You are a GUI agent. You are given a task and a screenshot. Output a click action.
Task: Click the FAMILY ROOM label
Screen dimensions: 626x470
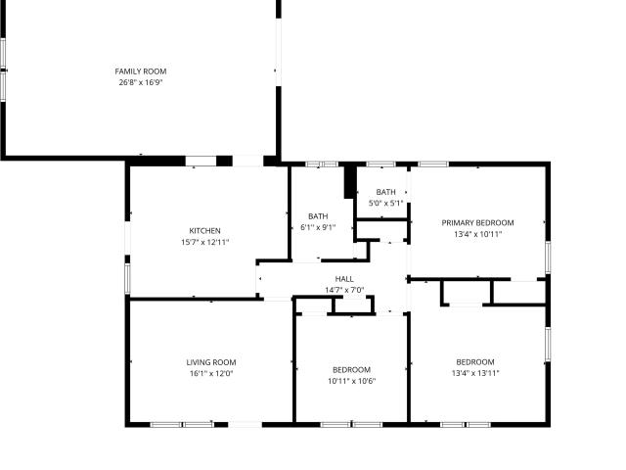click(x=141, y=71)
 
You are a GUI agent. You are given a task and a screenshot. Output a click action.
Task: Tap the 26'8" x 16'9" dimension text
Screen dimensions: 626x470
click(x=141, y=82)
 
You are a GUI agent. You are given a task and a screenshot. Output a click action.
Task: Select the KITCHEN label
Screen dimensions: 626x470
click(x=204, y=231)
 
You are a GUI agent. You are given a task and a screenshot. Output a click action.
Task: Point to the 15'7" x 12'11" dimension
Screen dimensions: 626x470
click(x=204, y=242)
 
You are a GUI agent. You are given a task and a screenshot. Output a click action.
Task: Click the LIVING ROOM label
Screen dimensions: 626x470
click(x=211, y=362)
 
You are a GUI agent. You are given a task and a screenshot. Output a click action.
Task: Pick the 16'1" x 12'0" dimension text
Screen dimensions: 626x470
click(x=211, y=374)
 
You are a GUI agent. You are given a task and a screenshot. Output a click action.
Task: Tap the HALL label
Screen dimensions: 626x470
click(x=344, y=279)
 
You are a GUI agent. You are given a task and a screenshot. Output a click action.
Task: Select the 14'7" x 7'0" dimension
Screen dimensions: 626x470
click(x=344, y=290)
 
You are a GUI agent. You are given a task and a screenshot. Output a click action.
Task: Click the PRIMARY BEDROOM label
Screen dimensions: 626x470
click(x=477, y=223)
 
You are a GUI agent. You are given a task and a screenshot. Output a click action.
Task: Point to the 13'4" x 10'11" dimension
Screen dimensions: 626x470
click(x=477, y=234)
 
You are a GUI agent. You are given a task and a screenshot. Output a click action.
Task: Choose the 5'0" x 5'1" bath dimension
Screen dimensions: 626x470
click(x=385, y=203)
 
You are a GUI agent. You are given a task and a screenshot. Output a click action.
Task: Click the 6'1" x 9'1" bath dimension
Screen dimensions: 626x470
click(x=318, y=227)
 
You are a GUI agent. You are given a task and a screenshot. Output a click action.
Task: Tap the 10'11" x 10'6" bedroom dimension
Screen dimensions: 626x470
click(x=352, y=381)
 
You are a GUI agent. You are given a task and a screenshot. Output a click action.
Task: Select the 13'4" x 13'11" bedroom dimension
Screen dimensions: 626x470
click(x=475, y=373)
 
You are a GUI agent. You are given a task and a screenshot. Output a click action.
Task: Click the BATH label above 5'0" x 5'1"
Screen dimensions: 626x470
click(x=385, y=192)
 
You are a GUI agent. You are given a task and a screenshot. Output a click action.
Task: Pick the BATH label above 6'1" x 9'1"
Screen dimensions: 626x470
click(x=318, y=216)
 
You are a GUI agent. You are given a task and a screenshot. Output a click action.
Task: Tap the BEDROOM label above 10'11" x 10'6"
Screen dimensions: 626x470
click(x=352, y=370)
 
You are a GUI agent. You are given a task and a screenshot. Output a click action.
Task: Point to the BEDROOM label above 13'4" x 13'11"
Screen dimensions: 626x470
click(x=475, y=362)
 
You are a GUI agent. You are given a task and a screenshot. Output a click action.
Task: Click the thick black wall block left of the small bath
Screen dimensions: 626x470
click(x=350, y=182)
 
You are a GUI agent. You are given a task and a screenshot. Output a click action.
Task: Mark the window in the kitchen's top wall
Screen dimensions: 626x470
click(x=201, y=161)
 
